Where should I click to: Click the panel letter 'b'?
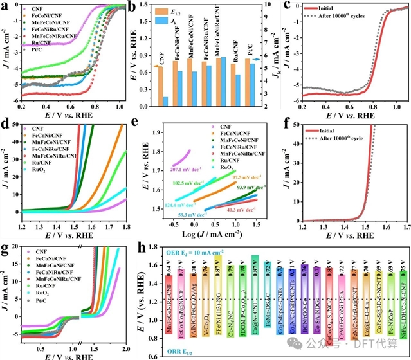point(149,7)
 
